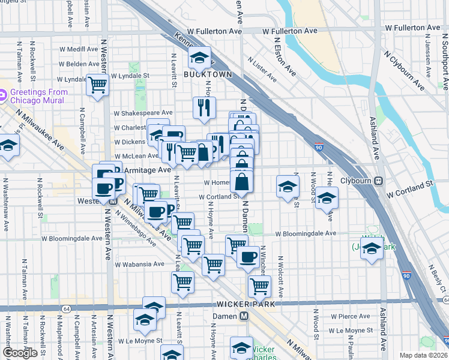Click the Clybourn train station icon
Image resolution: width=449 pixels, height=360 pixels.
pos(379,181)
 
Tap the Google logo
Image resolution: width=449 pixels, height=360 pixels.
pos(20,353)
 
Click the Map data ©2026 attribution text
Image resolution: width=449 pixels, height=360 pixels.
pos(423,355)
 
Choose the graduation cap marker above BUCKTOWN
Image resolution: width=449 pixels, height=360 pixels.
pos(199,58)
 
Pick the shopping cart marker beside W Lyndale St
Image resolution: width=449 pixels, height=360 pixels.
pos(97,85)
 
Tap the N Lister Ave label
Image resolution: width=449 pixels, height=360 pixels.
pos(262,68)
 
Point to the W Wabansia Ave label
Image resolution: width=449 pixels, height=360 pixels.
pos(140,264)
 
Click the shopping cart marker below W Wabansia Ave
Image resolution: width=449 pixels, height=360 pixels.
pos(182,281)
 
